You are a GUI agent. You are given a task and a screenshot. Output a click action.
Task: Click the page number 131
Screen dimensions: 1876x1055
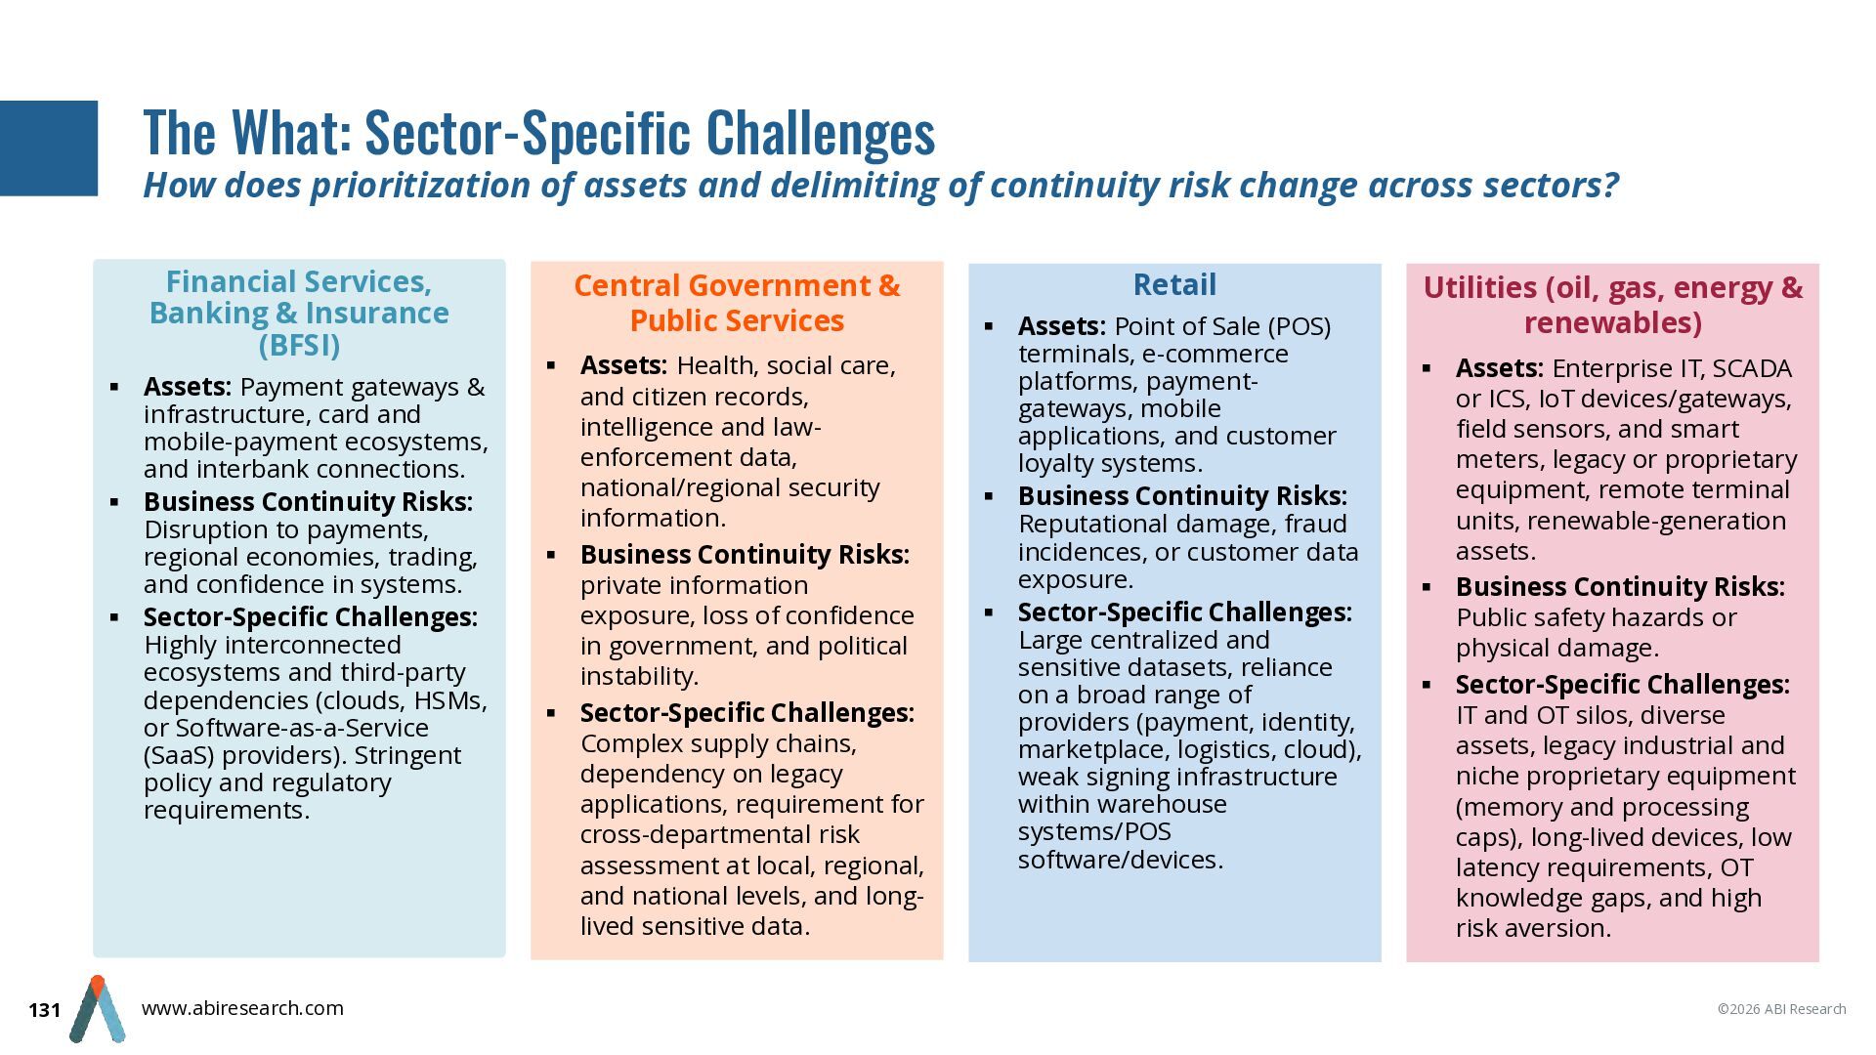(x=45, y=1010)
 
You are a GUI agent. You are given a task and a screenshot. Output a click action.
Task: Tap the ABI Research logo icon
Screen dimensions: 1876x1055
(x=97, y=1009)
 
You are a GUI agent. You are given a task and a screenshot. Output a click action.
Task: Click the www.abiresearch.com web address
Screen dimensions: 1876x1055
(x=242, y=1008)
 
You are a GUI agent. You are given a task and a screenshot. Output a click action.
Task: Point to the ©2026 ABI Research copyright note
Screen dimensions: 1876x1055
(x=1782, y=1009)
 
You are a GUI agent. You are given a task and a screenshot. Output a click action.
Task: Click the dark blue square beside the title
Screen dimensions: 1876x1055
(x=49, y=148)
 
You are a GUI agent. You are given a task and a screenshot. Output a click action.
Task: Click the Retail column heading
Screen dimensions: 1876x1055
(x=1174, y=284)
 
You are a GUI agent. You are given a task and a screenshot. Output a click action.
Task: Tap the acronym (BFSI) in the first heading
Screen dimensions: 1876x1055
(x=299, y=345)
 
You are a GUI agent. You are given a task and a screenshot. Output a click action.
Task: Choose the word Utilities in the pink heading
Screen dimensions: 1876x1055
(x=1480, y=288)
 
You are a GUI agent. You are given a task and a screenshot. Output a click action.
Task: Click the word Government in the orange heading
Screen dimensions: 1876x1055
(x=774, y=285)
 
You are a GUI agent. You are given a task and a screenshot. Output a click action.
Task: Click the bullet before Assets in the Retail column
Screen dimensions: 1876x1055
(x=989, y=326)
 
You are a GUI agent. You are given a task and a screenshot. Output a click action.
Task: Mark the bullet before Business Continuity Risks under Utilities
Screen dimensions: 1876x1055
(x=1427, y=587)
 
